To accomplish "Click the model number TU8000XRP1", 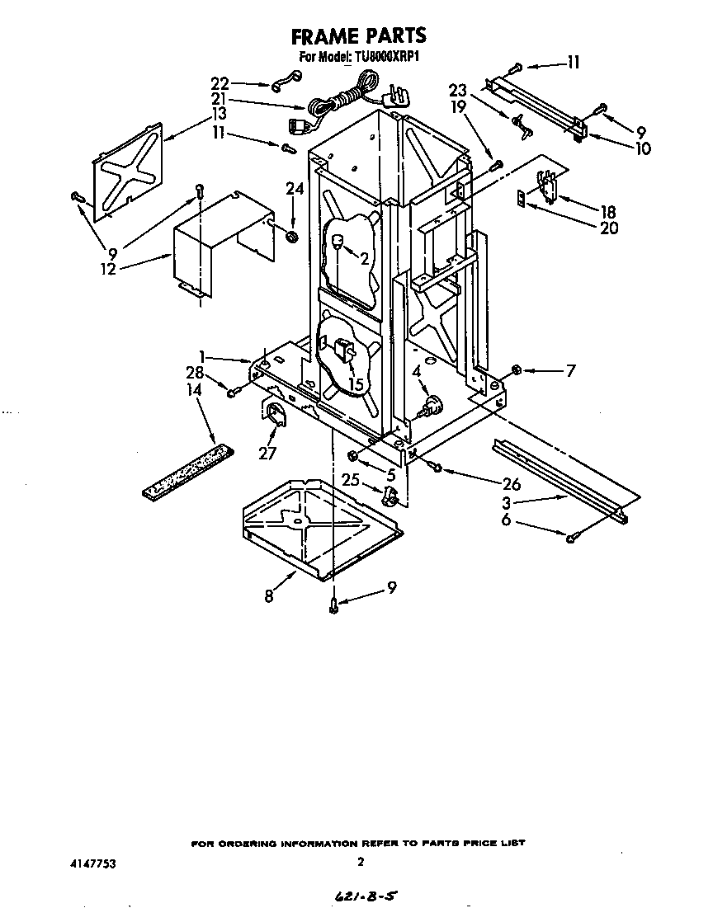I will coord(388,57).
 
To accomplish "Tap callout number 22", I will coord(220,83).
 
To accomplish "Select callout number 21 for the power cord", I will coord(220,98).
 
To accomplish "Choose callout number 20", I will coord(609,228).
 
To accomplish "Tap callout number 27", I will coord(267,452).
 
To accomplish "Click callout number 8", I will coord(269,596).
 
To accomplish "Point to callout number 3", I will coord(511,503).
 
